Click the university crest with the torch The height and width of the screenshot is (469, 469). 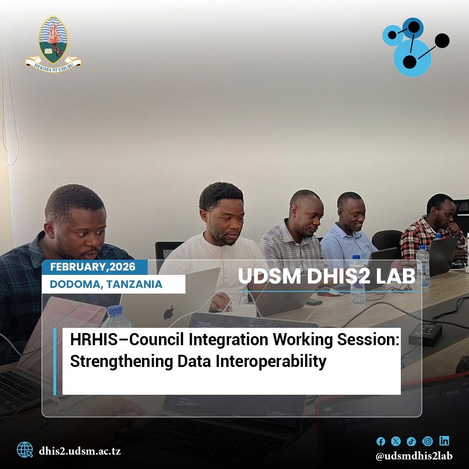(x=53, y=44)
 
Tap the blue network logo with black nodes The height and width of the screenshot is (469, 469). (x=416, y=47)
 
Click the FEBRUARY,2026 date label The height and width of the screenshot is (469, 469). (x=93, y=267)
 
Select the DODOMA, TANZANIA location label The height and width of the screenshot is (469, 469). (x=106, y=284)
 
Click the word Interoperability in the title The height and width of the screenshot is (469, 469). (x=271, y=361)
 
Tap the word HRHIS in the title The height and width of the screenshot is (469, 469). (x=94, y=340)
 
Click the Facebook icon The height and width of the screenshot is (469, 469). (x=380, y=441)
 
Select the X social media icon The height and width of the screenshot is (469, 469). (x=396, y=441)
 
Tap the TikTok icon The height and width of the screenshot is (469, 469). (x=411, y=441)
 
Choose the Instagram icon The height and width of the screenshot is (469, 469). (x=427, y=441)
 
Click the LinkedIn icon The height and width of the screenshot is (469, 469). (x=444, y=441)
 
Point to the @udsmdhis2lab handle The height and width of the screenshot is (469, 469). (x=414, y=456)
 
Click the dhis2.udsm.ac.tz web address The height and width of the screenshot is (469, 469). (x=79, y=451)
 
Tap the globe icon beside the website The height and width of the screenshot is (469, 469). (x=24, y=450)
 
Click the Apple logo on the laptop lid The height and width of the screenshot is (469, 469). (x=169, y=313)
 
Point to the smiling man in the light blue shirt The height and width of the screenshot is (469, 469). (x=348, y=227)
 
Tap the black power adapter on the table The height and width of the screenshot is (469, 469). (x=425, y=334)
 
